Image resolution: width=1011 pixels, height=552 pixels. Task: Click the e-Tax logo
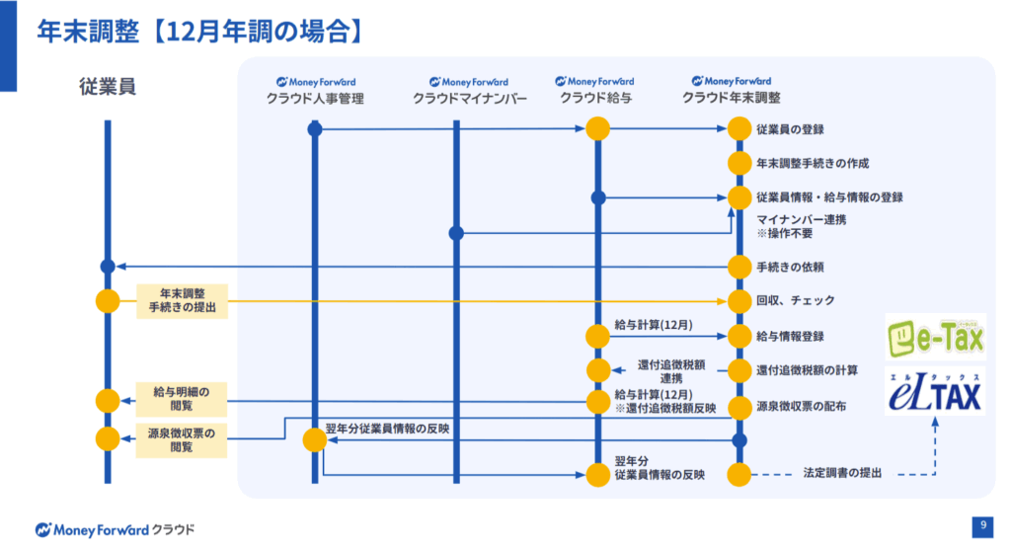935,338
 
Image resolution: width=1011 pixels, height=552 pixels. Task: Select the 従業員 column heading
108,87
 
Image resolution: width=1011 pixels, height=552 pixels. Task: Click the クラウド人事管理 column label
315,98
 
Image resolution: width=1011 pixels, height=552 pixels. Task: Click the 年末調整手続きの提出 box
181,300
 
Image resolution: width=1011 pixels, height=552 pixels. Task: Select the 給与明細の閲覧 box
181,398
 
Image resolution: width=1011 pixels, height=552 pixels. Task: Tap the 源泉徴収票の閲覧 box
181,439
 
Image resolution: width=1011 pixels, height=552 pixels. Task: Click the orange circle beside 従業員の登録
739,129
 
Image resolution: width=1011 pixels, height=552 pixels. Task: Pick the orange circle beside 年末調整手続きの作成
739,163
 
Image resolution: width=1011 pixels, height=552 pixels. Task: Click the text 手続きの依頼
790,267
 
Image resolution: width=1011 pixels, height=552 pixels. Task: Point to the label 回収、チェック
795,301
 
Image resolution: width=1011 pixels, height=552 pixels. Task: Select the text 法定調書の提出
842,474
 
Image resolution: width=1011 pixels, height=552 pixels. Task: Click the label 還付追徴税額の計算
807,370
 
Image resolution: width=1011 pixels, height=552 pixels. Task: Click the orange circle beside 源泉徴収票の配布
739,406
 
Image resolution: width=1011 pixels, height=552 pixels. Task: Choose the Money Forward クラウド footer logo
116,528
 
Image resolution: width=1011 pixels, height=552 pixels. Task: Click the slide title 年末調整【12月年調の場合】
197,31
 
